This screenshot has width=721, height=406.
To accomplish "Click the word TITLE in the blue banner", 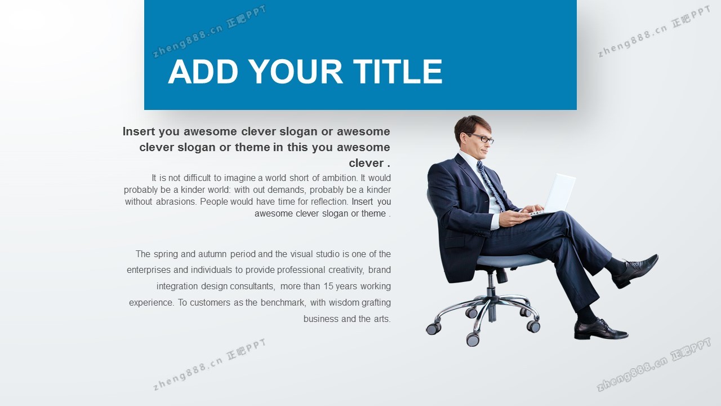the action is (x=398, y=72).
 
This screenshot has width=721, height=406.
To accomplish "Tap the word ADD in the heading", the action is (x=203, y=72).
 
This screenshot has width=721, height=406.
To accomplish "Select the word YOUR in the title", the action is (x=296, y=72).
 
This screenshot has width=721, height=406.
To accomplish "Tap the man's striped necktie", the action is (x=491, y=186).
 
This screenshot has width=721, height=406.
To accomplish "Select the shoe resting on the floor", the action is (x=600, y=329).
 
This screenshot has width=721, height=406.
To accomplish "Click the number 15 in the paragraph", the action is (x=328, y=286).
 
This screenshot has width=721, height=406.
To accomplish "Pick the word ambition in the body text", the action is (x=340, y=178).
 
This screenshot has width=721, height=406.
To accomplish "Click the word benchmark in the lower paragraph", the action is (x=283, y=303).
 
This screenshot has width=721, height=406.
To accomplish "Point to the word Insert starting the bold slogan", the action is (x=139, y=131).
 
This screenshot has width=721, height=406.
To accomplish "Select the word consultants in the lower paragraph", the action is (x=252, y=286).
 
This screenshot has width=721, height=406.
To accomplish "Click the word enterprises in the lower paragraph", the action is (x=148, y=270).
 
